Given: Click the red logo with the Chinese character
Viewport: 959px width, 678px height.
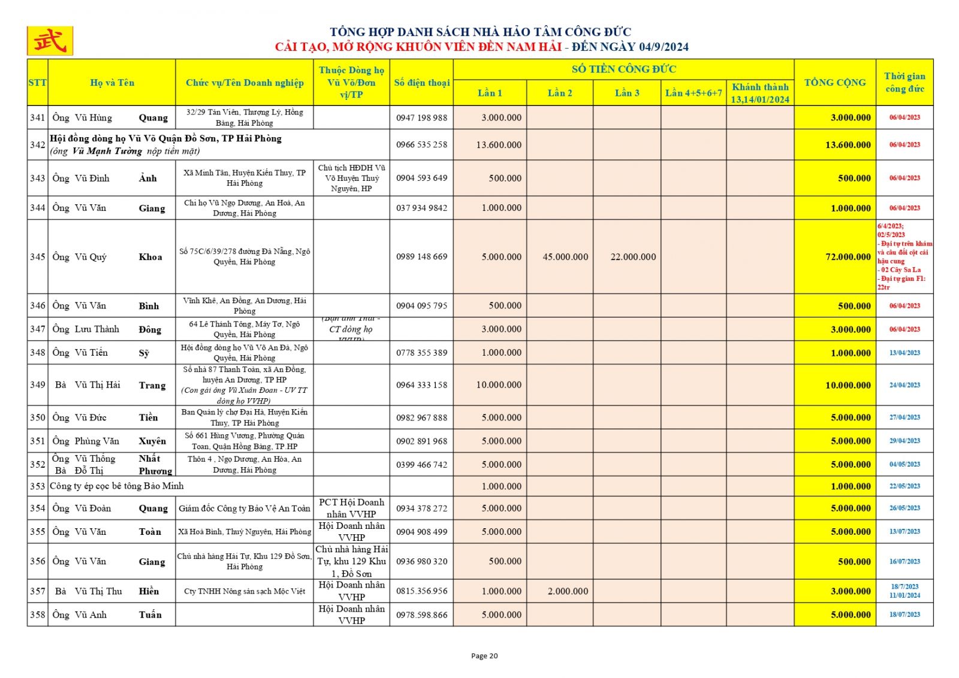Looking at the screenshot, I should [x=50, y=41].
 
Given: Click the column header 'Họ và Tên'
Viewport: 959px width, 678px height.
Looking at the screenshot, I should [x=112, y=83].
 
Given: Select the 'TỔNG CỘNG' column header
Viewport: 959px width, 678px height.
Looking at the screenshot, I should [x=834, y=83].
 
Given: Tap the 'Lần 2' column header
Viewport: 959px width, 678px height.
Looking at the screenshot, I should [x=559, y=93].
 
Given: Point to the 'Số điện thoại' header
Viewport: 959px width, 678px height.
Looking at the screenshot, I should [x=421, y=83].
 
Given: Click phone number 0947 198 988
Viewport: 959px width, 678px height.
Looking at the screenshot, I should [x=421, y=117].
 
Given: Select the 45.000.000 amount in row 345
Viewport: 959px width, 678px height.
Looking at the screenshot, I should [x=565, y=257].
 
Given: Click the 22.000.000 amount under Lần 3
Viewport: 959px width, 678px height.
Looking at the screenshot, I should [x=633, y=257].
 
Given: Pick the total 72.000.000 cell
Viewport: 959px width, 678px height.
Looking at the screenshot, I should [x=848, y=257].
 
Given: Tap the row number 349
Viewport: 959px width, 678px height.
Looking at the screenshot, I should [x=38, y=385].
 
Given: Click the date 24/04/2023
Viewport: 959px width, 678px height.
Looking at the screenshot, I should [x=904, y=385].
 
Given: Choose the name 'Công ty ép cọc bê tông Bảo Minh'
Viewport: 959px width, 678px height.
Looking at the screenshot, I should [x=117, y=486].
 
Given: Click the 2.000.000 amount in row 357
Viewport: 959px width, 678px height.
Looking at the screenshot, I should [x=568, y=591].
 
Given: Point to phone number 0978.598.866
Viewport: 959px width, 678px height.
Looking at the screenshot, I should [x=421, y=615].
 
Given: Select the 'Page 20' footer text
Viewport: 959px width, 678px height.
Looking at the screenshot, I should [x=484, y=656].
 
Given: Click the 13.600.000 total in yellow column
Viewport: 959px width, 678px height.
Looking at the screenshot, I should [x=848, y=145].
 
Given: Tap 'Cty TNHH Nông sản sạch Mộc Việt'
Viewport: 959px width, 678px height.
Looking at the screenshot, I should [x=245, y=591].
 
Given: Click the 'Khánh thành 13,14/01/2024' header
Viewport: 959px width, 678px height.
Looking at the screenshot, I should [x=760, y=93].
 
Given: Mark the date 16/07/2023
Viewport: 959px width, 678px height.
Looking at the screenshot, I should [x=904, y=561].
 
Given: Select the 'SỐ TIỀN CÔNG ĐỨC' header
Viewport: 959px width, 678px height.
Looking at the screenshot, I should [x=623, y=69].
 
